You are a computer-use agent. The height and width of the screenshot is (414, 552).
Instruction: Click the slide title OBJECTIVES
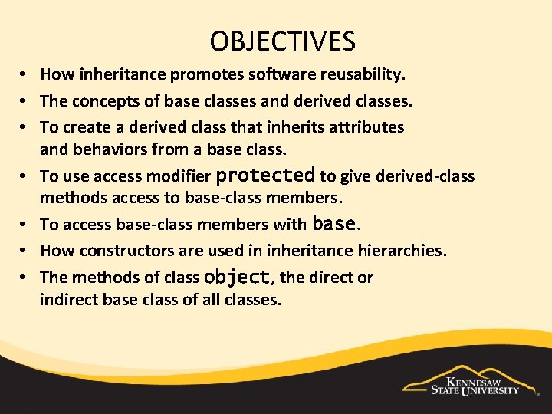pyautogui.click(x=282, y=41)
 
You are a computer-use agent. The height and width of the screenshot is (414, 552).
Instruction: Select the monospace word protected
pyautogui.click(x=265, y=176)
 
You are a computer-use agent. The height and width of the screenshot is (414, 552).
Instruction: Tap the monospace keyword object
pyautogui.click(x=237, y=277)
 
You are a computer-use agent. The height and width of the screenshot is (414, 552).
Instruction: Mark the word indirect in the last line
pyautogui.click(x=68, y=300)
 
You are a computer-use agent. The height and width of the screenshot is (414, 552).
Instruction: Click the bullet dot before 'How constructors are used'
pyautogui.click(x=25, y=251)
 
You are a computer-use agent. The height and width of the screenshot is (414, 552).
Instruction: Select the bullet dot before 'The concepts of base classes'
pyautogui.click(x=25, y=100)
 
